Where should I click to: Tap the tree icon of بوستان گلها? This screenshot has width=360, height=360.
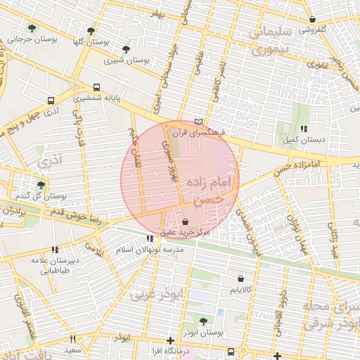coord(91,31)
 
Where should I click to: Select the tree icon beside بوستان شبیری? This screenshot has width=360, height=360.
coord(126,49)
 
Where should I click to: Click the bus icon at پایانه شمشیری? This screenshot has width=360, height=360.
coord(96,89)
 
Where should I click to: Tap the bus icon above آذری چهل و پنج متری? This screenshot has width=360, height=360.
coord(49,101)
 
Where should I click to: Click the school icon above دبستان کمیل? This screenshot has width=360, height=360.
coord(304,129)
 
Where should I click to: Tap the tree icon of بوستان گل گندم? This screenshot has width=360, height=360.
coord(41,185)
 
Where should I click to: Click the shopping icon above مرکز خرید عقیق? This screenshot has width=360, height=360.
coord(185,221)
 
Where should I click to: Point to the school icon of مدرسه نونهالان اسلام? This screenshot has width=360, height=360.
coord(149,239)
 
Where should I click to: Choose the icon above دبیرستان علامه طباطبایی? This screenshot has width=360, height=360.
coord(54,250)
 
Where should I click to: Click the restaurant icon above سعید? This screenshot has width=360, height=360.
coord(72,340)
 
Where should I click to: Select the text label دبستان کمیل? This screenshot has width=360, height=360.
coord(304,140)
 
